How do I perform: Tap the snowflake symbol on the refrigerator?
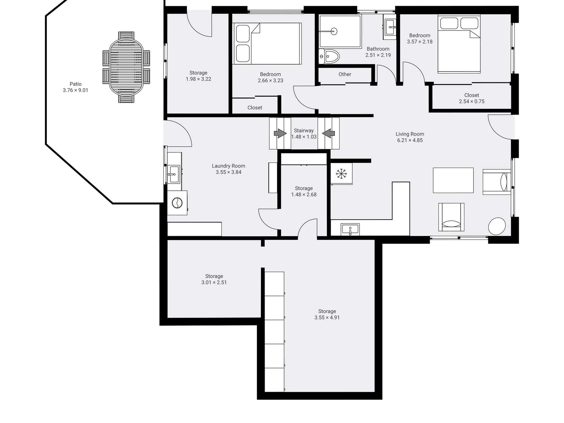(341, 174)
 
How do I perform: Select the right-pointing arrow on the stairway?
(280, 133)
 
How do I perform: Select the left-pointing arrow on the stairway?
(328, 133)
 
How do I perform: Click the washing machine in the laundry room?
(177, 203)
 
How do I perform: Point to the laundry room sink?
(173, 174)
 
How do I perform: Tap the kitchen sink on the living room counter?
(350, 229)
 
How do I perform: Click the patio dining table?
(126, 67)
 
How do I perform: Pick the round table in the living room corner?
(497, 226)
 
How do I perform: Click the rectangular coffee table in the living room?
(453, 180)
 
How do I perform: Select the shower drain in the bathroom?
(334, 31)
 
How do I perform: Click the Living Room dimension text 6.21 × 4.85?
(410, 140)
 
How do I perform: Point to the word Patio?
(75, 84)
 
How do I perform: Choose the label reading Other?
(345, 74)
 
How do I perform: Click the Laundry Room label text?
(228, 166)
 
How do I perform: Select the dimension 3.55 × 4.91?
(327, 318)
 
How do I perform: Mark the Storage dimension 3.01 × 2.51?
(214, 283)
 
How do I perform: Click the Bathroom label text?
(378, 49)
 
